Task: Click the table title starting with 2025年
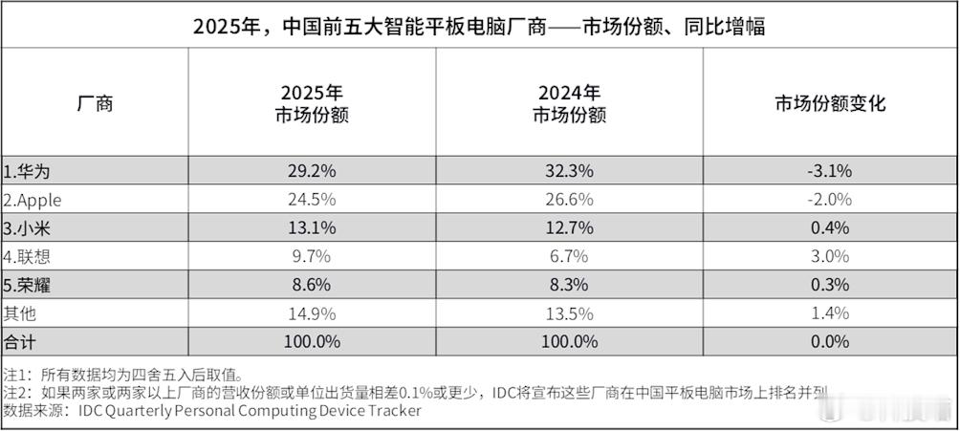point(479,26)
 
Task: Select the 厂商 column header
point(94,103)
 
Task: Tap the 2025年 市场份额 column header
point(313,103)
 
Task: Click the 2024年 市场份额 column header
point(570,103)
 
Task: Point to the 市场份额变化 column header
point(830,103)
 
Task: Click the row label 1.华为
point(26,171)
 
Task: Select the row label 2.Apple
point(34,200)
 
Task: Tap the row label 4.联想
point(26,256)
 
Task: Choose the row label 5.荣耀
point(26,285)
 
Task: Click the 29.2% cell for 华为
point(313,171)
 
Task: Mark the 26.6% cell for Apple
point(570,200)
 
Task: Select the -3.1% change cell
point(829,171)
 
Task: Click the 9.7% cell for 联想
point(313,256)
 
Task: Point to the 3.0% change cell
point(829,256)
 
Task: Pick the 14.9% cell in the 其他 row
point(313,312)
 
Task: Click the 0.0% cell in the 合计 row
point(829,341)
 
